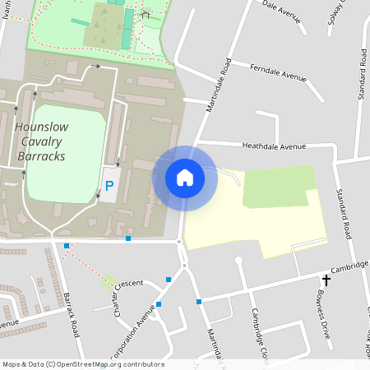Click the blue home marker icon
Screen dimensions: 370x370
[185, 177]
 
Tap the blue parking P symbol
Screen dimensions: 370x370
[109, 186]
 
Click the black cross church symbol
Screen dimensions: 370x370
[326, 281]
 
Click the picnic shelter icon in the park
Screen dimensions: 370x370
[146, 13]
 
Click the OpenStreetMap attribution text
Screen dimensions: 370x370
[83, 364]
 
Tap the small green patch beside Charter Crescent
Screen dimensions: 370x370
[109, 282]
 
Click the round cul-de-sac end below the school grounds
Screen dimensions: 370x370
[239, 261]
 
